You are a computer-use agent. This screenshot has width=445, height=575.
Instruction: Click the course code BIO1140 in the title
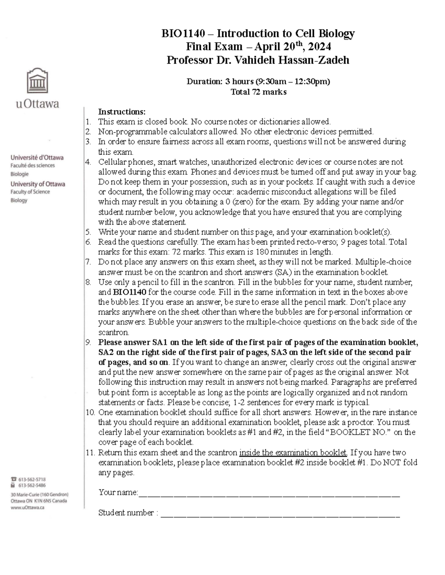[183, 34]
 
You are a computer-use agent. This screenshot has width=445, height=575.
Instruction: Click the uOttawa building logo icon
[37, 81]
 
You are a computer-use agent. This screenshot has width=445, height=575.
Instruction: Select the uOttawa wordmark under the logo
[37, 104]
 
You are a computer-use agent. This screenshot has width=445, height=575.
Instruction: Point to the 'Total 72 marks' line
[258, 92]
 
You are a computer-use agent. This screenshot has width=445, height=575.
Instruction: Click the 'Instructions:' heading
[122, 112]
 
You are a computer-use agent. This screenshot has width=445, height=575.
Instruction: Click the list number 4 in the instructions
[88, 162]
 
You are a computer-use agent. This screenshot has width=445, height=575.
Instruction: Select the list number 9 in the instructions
[88, 342]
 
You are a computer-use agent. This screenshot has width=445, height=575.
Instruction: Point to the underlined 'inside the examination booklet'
[293, 452]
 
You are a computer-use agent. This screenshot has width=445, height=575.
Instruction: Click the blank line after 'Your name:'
[269, 493]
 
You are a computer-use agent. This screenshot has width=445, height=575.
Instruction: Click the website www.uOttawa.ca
[27, 508]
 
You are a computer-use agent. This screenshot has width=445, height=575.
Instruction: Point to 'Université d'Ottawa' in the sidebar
[37, 157]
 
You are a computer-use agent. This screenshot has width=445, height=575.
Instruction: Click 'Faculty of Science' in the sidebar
[30, 192]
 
